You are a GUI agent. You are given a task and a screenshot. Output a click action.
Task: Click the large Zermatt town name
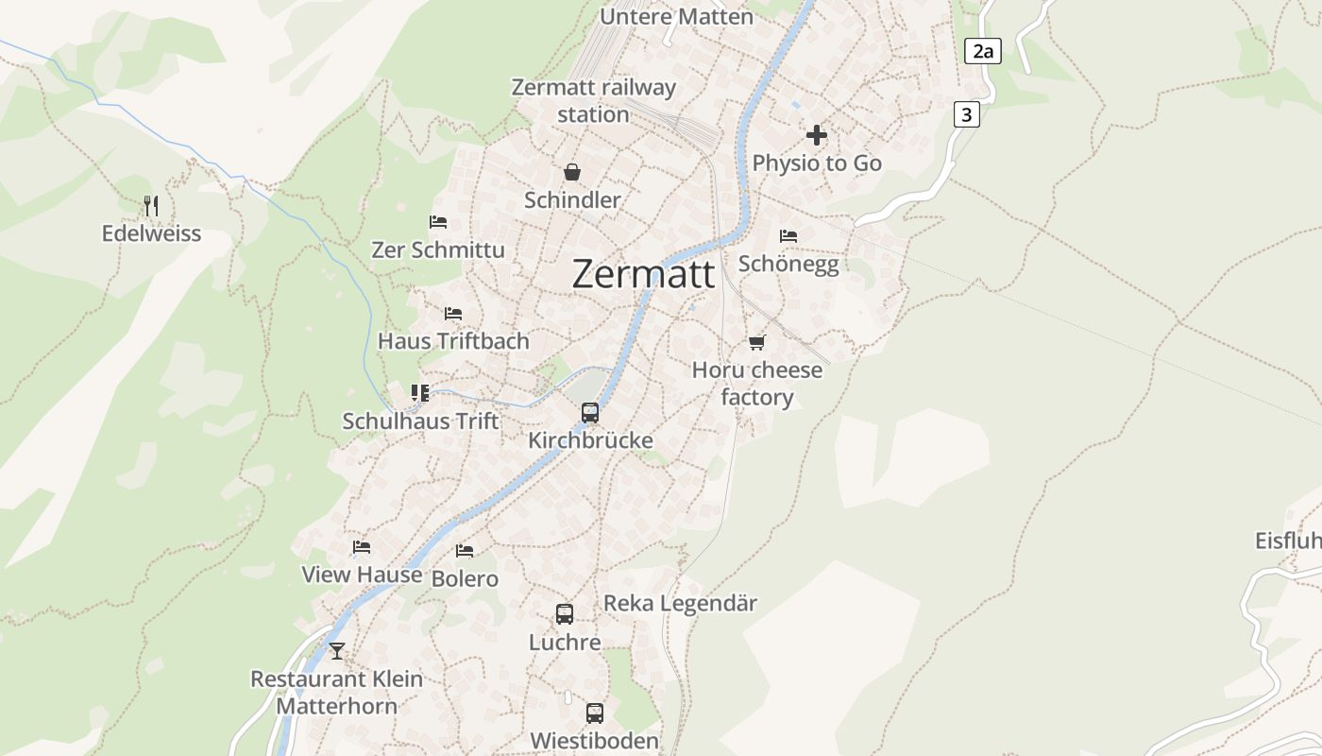click(x=643, y=274)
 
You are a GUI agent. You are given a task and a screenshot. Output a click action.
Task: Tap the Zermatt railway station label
click(x=593, y=100)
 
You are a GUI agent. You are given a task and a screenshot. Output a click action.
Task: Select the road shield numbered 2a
click(x=983, y=51)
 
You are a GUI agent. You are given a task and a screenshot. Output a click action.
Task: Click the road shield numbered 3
click(x=966, y=114)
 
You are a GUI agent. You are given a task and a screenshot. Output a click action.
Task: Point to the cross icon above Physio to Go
click(x=817, y=135)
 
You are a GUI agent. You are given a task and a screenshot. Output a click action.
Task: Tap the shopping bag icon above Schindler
click(x=572, y=172)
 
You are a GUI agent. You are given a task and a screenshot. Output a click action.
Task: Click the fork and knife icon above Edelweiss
click(x=151, y=205)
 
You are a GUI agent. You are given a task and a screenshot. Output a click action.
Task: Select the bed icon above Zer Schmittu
click(x=438, y=222)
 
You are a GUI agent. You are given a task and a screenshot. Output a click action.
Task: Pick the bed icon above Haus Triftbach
click(x=453, y=313)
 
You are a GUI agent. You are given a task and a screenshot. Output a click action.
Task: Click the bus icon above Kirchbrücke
click(x=590, y=413)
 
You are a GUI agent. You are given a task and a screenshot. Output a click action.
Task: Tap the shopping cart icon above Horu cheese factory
click(x=756, y=342)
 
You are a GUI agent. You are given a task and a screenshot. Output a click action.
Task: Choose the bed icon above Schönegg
click(x=788, y=235)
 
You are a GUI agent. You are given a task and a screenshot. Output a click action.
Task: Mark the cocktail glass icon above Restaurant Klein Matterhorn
click(x=337, y=651)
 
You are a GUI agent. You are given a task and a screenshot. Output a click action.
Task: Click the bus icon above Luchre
click(x=565, y=614)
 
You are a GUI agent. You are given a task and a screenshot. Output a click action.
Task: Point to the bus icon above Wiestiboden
click(x=595, y=713)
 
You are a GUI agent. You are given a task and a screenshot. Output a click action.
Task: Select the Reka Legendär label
click(x=680, y=603)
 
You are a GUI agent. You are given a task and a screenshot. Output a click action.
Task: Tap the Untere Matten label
click(x=676, y=16)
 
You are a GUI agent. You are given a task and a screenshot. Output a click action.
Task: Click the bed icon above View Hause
click(x=362, y=546)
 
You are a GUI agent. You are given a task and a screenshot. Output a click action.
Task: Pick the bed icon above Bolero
click(x=465, y=550)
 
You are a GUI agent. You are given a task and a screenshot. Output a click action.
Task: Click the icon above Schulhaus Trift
click(x=420, y=392)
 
